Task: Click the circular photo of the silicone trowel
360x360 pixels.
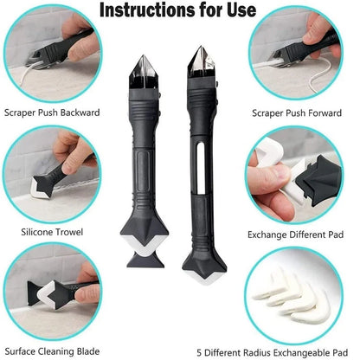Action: coord(51,173)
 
